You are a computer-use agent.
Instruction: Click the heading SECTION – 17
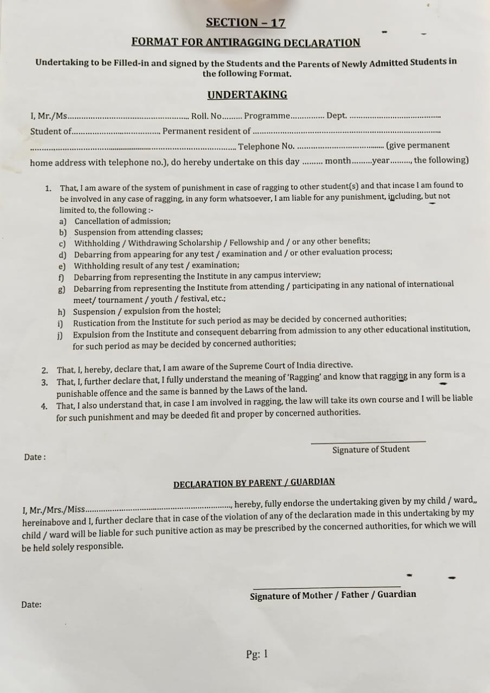tap(246, 23)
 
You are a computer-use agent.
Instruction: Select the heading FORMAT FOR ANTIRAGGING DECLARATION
tap(246, 43)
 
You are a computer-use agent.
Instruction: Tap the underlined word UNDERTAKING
tap(247, 95)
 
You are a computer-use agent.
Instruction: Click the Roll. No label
tap(206, 116)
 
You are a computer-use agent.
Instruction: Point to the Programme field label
tap(267, 116)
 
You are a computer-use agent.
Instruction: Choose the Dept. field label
tap(337, 115)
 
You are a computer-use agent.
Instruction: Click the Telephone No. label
tap(266, 146)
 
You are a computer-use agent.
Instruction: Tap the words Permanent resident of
tap(207, 131)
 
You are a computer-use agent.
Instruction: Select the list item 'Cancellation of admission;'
tap(122, 221)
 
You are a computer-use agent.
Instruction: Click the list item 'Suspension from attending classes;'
tap(138, 232)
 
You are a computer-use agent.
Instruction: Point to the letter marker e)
tap(62, 266)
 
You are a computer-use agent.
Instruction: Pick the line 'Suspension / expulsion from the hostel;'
tap(147, 311)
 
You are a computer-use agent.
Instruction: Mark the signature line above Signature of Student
tap(368, 442)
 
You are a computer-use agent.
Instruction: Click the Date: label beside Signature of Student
tap(35, 457)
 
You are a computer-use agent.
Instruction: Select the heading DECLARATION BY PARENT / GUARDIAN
tap(254, 483)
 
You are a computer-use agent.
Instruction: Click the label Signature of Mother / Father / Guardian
tap(333, 595)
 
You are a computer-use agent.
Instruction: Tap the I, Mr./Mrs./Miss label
tap(54, 509)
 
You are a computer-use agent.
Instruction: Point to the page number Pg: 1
tap(257, 654)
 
